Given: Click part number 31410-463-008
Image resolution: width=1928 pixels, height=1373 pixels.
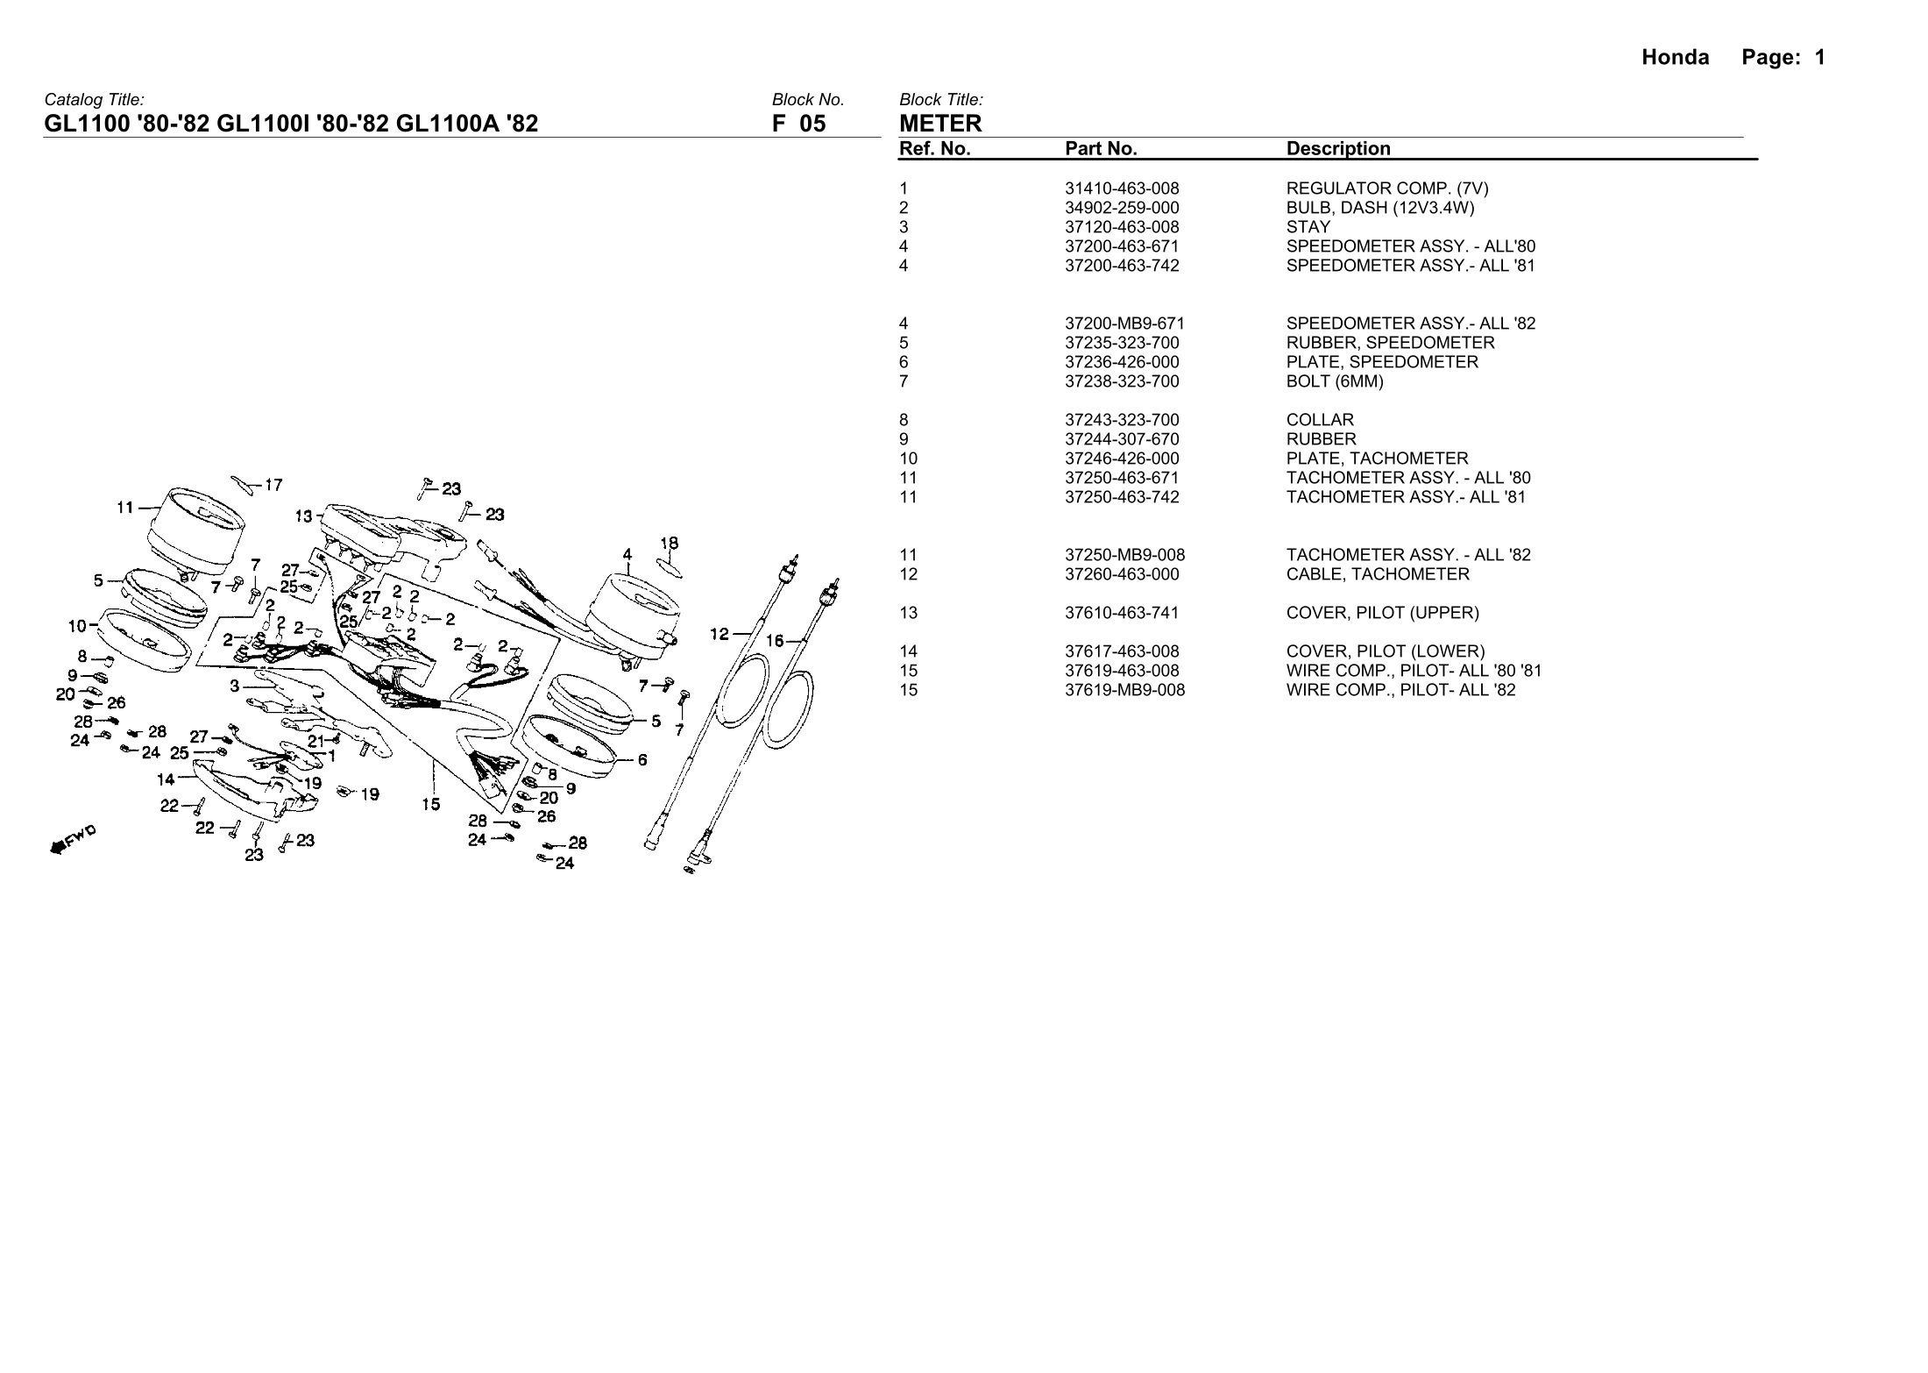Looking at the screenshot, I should [1122, 189].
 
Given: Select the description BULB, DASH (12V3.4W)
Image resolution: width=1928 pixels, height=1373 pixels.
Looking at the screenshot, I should [1380, 208].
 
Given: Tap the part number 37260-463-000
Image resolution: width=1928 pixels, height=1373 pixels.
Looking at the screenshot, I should [1122, 574].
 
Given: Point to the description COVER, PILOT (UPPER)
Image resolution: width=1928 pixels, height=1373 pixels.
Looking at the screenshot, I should [1382, 613].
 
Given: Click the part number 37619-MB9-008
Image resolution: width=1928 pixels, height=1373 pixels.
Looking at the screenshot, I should [1124, 690].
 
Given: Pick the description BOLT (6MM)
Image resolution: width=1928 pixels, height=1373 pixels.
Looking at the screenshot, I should [1335, 381].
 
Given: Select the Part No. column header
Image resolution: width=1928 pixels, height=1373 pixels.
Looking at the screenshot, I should [1101, 149].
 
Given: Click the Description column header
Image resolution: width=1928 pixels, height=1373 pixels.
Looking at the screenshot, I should [1338, 149].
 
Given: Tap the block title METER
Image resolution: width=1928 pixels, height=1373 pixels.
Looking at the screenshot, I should [940, 124].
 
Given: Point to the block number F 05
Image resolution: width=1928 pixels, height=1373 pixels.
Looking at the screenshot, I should [798, 124].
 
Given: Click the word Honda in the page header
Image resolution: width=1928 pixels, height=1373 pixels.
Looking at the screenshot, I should [1675, 58].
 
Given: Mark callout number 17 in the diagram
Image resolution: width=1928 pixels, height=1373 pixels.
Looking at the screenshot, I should [273, 485].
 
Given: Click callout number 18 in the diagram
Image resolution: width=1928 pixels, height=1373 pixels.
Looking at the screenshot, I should [669, 544].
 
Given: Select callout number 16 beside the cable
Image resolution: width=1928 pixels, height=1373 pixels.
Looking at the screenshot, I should [775, 641].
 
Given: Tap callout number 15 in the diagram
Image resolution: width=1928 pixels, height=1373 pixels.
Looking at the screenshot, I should [430, 804].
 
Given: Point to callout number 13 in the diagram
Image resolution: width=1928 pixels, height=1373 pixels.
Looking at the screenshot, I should [303, 516].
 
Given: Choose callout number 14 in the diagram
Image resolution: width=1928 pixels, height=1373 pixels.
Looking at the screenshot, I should [166, 779].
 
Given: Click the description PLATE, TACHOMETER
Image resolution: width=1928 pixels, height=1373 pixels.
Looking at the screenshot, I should [1377, 459].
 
